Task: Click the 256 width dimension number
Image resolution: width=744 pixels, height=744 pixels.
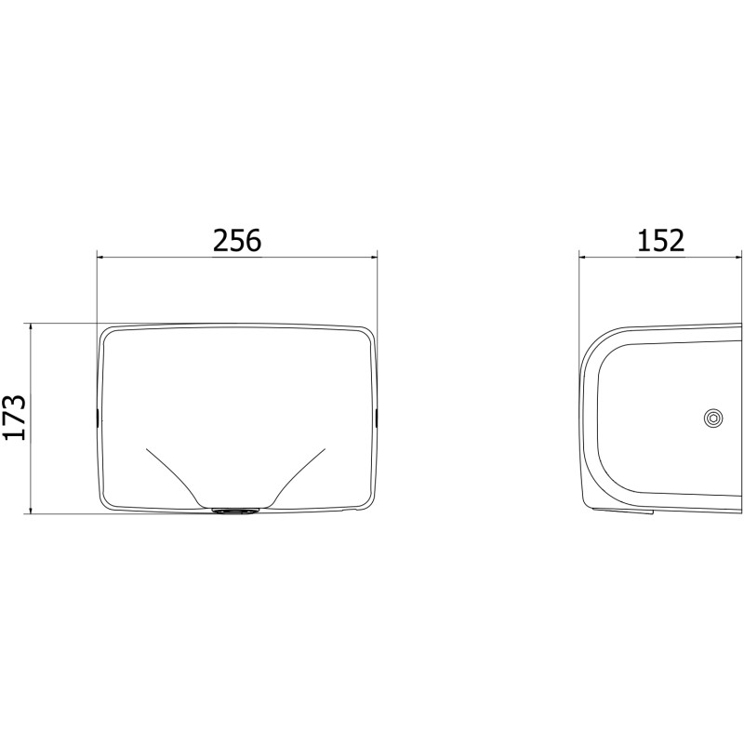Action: point(237,240)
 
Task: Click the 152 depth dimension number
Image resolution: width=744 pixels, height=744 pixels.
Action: point(660,240)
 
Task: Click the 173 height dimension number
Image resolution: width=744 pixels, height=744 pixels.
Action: point(14,417)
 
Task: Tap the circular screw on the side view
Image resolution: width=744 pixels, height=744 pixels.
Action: point(712,418)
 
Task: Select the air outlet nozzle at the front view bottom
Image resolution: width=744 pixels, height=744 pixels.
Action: point(235,511)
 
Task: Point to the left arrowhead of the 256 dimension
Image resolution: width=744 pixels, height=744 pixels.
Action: point(100,258)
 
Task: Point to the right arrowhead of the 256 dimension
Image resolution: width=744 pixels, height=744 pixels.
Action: point(373,258)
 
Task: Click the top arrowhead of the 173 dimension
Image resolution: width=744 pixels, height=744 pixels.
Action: point(31,328)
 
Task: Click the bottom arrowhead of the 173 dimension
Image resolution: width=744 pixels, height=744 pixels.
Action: point(31,510)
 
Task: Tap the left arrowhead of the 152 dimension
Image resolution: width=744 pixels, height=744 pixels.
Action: point(583,258)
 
